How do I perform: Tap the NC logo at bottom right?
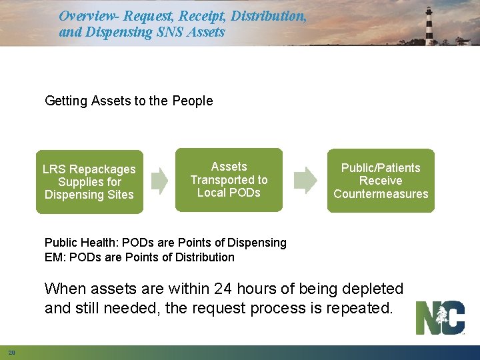coord(440,318)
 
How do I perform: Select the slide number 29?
coord(12,352)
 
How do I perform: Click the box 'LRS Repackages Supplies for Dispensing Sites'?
coord(89,182)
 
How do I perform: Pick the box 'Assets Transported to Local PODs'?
coord(229,180)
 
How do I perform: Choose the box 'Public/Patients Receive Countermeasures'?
coord(381,181)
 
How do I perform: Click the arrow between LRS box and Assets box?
coord(159,180)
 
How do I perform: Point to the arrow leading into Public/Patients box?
coord(305,180)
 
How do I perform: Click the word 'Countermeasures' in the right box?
coord(381,194)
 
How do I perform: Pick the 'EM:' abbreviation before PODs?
coord(54,257)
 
